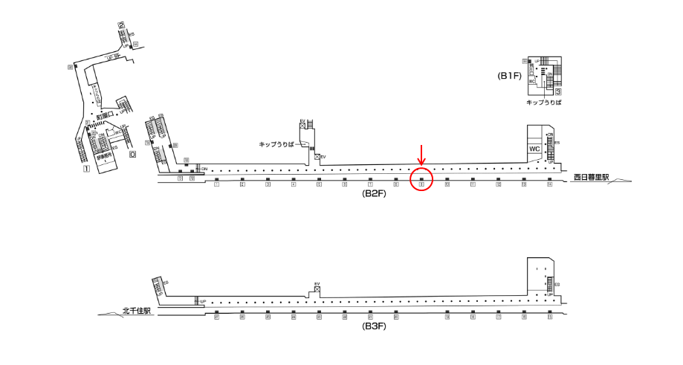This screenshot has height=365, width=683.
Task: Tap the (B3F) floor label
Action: (x=374, y=326)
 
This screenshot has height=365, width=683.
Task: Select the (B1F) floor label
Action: (x=510, y=76)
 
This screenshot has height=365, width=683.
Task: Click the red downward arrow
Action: (x=421, y=156)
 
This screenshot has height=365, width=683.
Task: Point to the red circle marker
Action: (x=421, y=179)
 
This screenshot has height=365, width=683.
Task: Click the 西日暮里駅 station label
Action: (x=591, y=178)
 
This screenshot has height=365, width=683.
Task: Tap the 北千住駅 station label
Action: (x=137, y=311)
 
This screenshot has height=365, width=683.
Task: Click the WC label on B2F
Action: (x=534, y=149)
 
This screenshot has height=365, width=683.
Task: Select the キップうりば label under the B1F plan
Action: (x=543, y=102)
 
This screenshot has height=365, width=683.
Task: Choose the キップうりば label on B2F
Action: (x=276, y=143)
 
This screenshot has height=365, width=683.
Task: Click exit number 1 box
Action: (x=86, y=169)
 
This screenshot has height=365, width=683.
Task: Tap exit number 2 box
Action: (x=121, y=26)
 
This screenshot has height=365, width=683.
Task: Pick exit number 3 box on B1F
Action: (x=557, y=91)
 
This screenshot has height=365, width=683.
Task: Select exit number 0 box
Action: (x=132, y=155)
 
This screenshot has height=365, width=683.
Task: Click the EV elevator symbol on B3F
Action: (x=317, y=291)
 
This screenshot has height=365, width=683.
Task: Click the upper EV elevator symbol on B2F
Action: (x=302, y=126)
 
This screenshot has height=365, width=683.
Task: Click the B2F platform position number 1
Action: (x=216, y=185)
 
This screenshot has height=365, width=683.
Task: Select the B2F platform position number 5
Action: (x=319, y=185)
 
